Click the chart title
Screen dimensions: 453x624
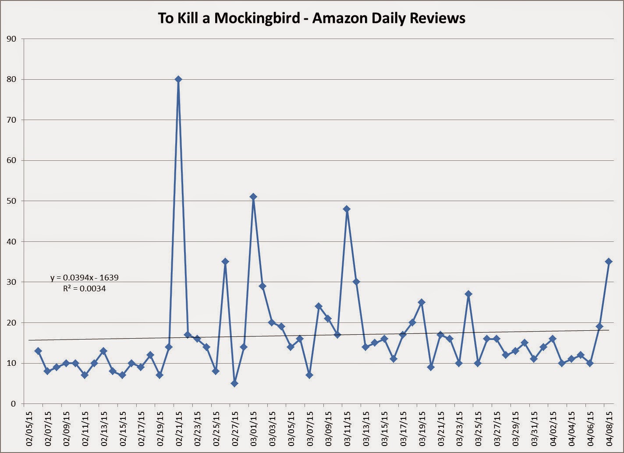tap(312, 18)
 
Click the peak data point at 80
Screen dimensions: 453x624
tap(178, 79)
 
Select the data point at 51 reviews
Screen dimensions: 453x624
tap(253, 197)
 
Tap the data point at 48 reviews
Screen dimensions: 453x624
tap(347, 209)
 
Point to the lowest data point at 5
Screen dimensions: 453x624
tap(234, 383)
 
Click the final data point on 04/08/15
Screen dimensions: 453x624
tap(609, 262)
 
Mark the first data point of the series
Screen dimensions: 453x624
tap(38, 351)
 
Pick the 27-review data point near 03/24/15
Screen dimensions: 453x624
tap(468, 294)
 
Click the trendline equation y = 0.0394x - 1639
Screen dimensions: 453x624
tap(85, 277)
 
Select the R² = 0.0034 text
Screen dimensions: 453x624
tap(85, 289)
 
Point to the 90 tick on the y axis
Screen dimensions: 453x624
tap(11, 39)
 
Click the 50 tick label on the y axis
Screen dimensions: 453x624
tap(11, 201)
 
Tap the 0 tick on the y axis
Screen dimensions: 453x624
tap(14, 404)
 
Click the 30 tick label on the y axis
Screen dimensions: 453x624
tap(11, 282)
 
